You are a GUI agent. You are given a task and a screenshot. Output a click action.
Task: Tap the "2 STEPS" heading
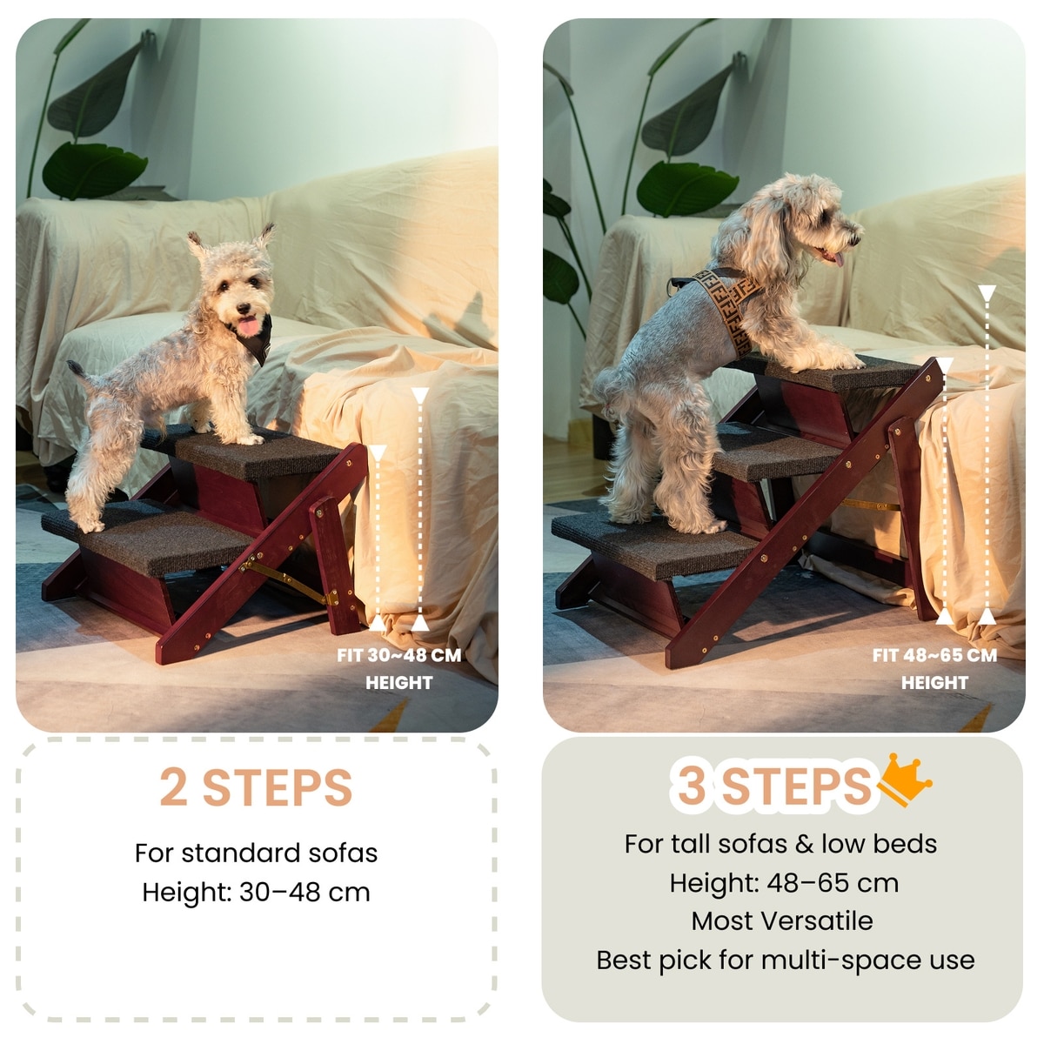[x=256, y=787]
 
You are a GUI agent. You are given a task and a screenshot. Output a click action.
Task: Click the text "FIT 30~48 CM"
[x=398, y=656]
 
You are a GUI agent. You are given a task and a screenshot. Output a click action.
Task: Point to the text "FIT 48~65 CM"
[x=934, y=656]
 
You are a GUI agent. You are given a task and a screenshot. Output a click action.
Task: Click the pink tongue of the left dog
[x=249, y=325]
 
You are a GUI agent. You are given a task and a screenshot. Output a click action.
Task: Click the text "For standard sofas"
[x=256, y=853]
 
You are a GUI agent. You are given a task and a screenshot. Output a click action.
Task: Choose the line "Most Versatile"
[x=782, y=920]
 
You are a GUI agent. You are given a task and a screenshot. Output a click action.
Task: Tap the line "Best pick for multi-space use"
[x=786, y=960]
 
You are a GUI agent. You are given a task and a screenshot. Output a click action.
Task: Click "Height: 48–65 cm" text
[x=784, y=883]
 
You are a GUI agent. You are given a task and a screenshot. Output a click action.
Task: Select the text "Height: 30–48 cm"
[x=256, y=893]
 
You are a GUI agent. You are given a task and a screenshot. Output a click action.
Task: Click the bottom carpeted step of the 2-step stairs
[x=146, y=536]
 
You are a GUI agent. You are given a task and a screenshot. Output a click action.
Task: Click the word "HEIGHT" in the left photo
[x=398, y=683]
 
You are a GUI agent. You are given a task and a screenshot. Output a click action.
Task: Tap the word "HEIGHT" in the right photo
[x=934, y=683]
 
